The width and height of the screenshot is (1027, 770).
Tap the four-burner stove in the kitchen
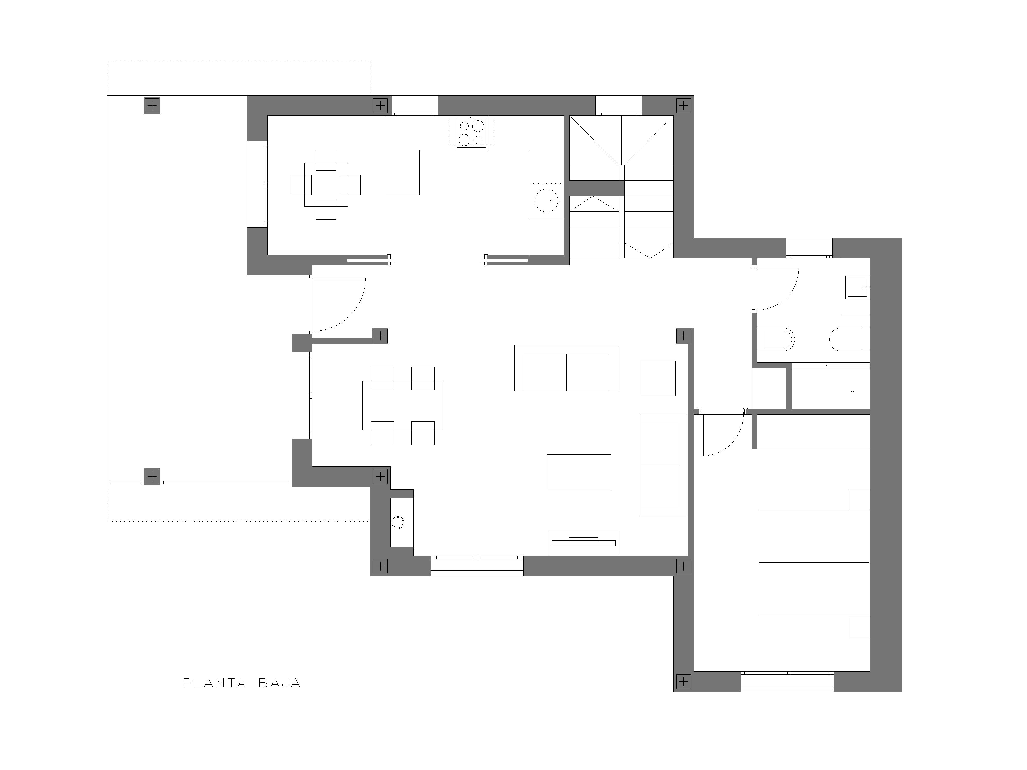[471, 133]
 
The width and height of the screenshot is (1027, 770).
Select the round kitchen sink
[547, 200]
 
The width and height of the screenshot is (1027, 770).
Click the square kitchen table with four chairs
[326, 185]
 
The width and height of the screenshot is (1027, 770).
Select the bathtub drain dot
[852, 391]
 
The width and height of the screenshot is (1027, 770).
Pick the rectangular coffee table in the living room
[579, 471]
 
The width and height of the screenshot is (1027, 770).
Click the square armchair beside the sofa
[658, 378]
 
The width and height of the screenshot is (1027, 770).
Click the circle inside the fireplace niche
[398, 523]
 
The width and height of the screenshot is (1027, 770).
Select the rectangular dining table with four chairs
[403, 406]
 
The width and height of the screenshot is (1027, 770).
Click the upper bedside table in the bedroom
[859, 499]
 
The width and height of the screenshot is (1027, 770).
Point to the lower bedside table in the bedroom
[859, 627]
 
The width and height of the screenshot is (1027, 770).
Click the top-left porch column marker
[152, 106]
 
